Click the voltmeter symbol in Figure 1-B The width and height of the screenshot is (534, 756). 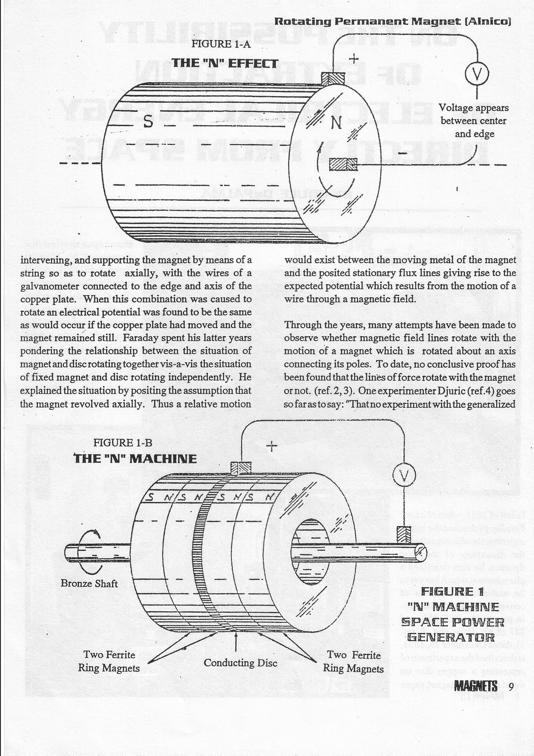point(404,474)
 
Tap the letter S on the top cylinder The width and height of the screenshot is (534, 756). point(148,122)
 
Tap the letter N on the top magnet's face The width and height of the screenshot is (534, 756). point(336,124)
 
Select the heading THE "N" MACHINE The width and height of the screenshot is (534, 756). point(135,458)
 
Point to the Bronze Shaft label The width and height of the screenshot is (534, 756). point(89,583)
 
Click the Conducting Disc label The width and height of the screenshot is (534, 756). point(240,662)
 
